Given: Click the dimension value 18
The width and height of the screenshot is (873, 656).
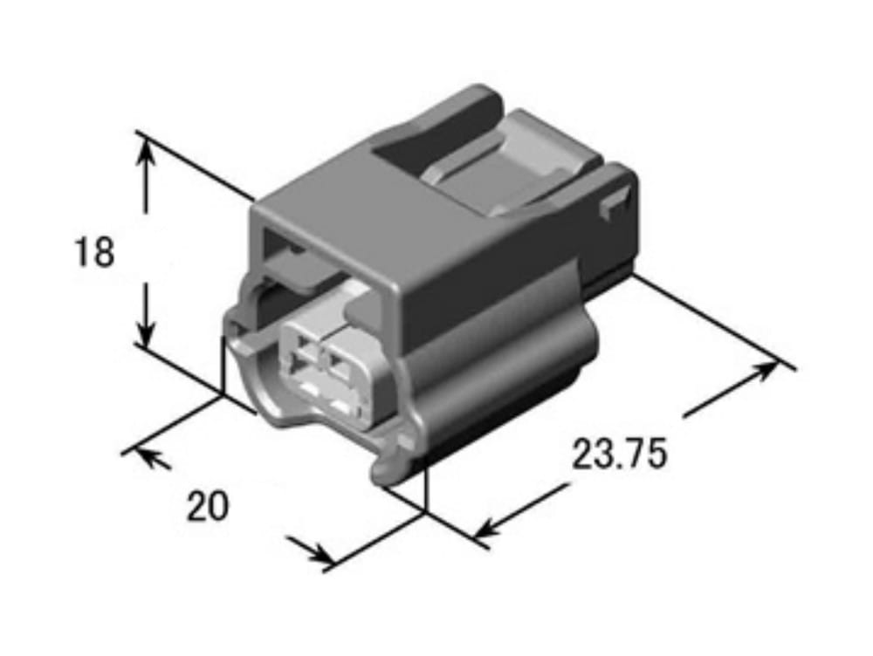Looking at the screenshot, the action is tap(94, 251).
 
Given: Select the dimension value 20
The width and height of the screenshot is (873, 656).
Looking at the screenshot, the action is tap(207, 506).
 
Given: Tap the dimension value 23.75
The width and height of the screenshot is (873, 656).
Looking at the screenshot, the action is tap(619, 454).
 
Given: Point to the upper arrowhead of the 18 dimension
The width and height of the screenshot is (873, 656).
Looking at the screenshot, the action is tap(146, 149).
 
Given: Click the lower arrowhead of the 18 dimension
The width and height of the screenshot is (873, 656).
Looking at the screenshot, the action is tap(146, 331).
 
